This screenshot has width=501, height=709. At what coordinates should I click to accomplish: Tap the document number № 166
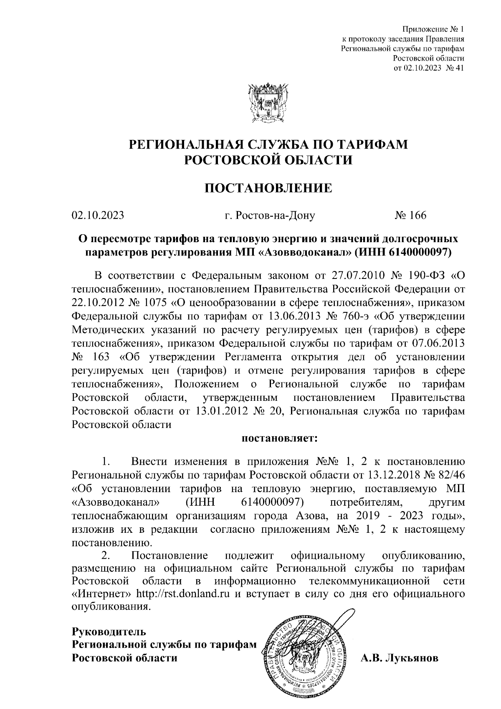(x=411, y=215)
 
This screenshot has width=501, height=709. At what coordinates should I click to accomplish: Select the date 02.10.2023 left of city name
(x=98, y=215)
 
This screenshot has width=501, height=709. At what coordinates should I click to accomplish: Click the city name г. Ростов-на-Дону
(x=269, y=215)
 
